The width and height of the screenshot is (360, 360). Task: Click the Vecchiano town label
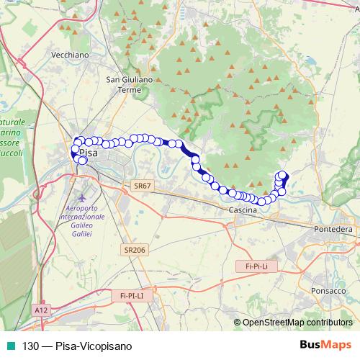(x=70, y=55)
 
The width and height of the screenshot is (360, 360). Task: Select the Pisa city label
(x=89, y=153)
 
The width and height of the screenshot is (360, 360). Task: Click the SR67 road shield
(x=143, y=185)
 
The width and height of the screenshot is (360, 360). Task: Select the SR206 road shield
(x=131, y=249)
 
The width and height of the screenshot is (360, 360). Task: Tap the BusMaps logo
(x=325, y=345)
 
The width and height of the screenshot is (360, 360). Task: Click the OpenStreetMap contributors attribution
(x=297, y=323)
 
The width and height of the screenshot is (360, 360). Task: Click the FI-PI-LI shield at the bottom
(x=127, y=294)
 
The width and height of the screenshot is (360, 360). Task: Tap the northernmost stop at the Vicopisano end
(x=282, y=174)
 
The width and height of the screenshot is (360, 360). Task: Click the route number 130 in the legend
(x=31, y=346)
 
